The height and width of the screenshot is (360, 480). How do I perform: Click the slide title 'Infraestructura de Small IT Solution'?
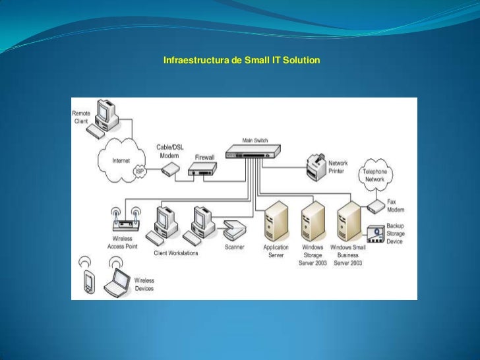tap(241, 61)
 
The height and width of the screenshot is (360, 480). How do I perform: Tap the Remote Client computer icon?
tap(104, 117)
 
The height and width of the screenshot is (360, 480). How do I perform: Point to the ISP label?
tap(139, 171)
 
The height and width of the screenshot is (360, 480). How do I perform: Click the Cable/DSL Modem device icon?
tap(169, 169)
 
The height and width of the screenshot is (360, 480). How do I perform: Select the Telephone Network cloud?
tap(375, 175)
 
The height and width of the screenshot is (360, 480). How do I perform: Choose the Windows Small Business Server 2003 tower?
tap(348, 224)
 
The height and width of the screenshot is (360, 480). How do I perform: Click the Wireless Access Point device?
tap(125, 220)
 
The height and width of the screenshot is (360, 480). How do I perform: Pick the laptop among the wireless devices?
tap(120, 282)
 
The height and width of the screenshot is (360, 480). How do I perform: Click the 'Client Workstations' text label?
tap(175, 253)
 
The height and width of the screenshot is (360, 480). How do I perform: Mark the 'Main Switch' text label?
tap(255, 140)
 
